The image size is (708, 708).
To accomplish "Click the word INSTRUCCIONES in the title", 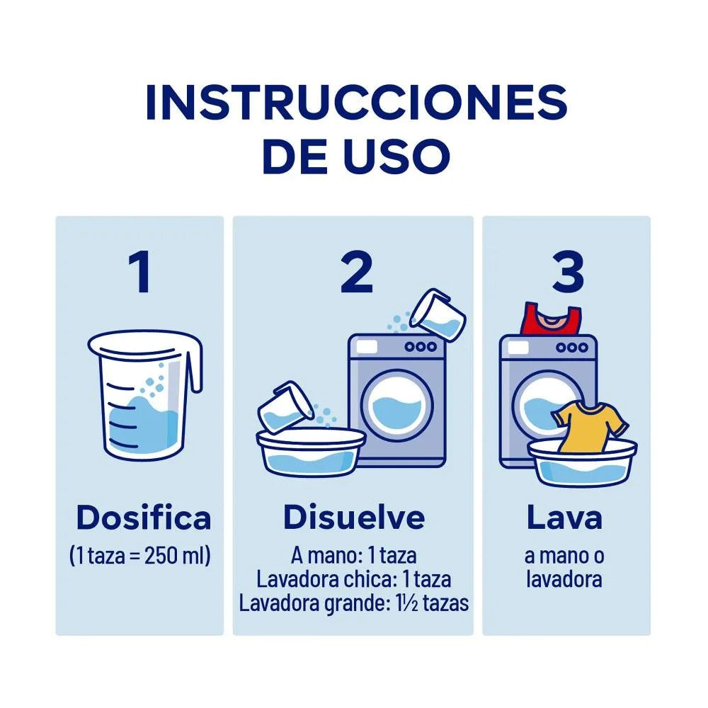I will (356, 103).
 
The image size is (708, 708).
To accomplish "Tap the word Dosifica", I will (144, 518).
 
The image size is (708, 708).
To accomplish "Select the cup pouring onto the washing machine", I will (440, 314).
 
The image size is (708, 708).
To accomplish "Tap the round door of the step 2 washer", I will (396, 406).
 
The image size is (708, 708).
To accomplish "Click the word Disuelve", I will (354, 518).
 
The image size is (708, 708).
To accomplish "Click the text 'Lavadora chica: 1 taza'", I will (354, 580).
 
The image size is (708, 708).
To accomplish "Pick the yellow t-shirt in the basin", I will (589, 425).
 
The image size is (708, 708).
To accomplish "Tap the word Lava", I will (564, 518).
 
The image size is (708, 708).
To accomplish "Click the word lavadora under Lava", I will (564, 580).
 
